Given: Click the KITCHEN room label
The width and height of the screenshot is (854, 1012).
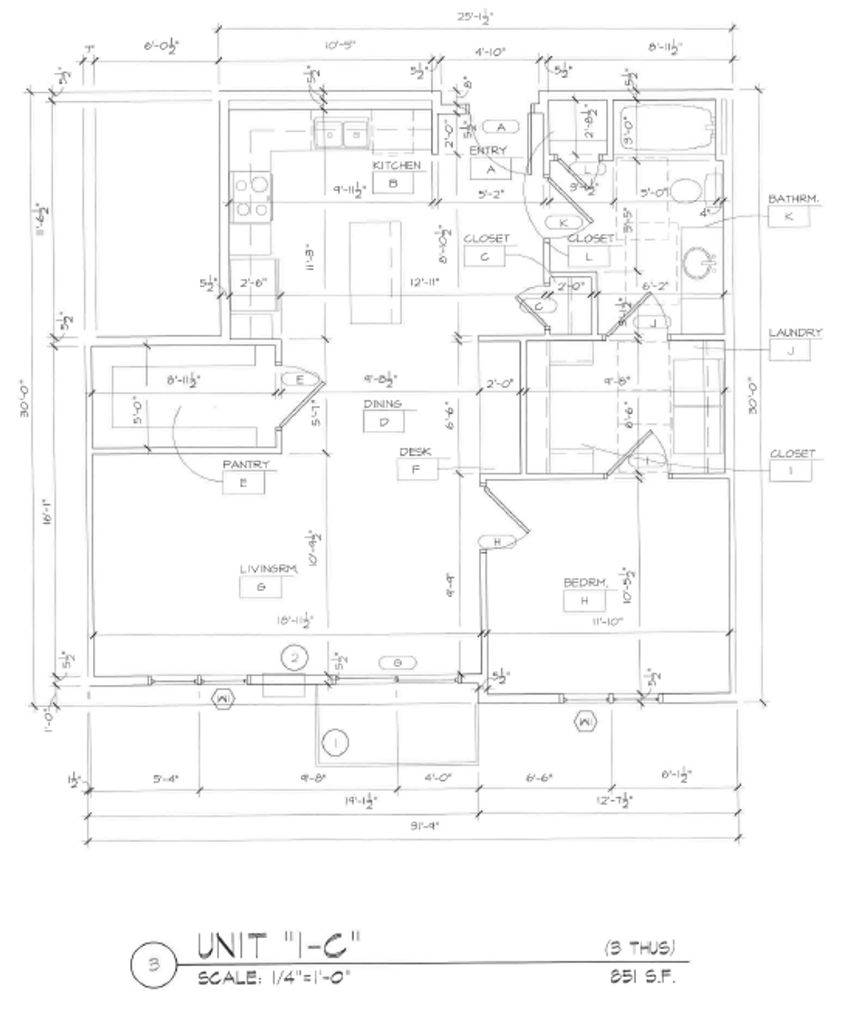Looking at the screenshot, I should [x=396, y=166].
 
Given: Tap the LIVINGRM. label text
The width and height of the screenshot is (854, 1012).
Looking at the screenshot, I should [x=268, y=569].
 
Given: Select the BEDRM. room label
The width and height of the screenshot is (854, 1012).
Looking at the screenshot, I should [x=585, y=582].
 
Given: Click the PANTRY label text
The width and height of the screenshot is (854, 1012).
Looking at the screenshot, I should [x=246, y=464].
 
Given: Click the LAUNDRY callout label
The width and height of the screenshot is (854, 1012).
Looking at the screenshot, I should [x=794, y=333].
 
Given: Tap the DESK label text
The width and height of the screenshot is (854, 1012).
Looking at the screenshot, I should [x=415, y=452].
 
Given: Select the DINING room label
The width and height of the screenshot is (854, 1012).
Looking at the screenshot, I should [x=382, y=404].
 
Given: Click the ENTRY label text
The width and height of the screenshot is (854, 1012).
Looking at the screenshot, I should [x=488, y=150].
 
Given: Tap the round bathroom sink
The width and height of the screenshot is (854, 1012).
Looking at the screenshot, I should [x=697, y=262].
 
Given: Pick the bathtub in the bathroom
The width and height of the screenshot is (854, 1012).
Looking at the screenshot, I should [x=667, y=128].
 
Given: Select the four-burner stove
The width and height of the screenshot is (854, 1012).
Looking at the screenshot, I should [x=251, y=198].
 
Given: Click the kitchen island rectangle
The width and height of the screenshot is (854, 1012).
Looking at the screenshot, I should [x=375, y=272].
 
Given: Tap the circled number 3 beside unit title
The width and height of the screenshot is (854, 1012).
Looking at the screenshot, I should [x=153, y=965].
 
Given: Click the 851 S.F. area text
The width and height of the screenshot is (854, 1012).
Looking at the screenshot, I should [x=642, y=976].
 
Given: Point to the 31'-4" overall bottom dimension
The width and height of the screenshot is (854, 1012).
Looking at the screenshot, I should [x=424, y=826].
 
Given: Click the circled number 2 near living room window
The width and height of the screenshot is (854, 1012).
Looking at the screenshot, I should [x=295, y=657].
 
